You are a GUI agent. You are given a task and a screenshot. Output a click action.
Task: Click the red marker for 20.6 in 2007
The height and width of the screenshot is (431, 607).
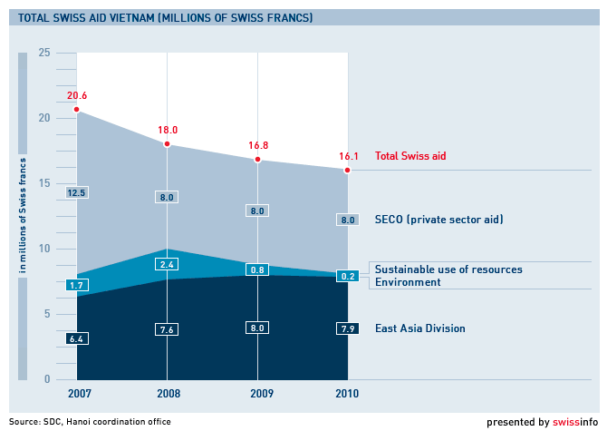pos(76,109)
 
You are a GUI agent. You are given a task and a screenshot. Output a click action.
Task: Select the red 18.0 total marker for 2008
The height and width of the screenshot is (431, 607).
pos(167,143)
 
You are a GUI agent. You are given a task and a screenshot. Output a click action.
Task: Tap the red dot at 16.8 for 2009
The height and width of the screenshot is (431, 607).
pos(257,160)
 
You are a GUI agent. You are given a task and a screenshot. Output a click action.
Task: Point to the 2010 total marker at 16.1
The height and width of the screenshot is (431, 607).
pos(347,170)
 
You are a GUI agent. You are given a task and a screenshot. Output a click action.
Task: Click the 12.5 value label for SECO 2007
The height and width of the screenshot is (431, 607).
pos(76,192)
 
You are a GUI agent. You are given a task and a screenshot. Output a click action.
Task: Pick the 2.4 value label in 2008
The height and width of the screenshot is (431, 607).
pos(167,264)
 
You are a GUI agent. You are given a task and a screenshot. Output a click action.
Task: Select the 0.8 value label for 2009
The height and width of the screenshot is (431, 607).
pos(257,269)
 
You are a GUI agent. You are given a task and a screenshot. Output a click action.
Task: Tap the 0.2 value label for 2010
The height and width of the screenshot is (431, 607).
pos(347,276)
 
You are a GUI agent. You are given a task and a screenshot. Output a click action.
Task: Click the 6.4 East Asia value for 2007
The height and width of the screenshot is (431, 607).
pos(76,338)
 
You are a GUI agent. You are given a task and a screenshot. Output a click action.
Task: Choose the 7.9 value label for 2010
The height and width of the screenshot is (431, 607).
pos(347,328)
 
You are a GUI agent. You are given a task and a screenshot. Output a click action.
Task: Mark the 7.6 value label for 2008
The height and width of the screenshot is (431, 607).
pos(167,329)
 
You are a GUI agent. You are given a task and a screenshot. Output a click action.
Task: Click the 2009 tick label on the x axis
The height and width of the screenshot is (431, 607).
pos(257,394)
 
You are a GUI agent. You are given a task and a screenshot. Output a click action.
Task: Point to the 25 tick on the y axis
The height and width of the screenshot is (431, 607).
pos(44,53)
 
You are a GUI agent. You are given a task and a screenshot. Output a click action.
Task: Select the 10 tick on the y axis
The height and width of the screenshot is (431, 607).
pos(44,249)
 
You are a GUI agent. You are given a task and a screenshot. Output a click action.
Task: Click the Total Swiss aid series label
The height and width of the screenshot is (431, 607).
pos(410,156)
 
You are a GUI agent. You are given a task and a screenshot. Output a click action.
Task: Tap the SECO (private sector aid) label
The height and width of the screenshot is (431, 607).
pos(438,219)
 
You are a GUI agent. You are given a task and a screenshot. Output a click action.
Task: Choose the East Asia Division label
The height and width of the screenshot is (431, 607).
pos(419,328)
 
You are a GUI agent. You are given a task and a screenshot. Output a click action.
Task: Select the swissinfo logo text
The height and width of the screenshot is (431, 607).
pos(574,421)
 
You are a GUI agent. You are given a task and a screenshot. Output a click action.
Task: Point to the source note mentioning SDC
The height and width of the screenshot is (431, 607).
pos(90,421)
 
